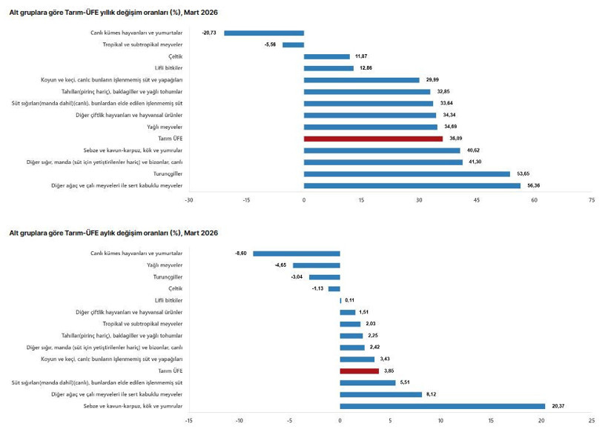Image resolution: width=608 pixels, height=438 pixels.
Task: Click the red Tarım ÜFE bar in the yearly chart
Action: coord(373,139)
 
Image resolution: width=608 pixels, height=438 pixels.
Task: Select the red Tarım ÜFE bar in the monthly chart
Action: coord(359,371)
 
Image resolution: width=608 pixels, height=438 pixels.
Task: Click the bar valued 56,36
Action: coord(412,185)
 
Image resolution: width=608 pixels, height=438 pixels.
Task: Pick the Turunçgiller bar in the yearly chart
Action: coord(406,173)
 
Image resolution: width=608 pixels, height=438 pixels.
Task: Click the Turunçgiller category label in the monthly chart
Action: coord(168,276)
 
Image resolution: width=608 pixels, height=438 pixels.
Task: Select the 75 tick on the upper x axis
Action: coord(591,200)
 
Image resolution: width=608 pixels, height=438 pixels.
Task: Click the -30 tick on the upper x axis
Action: coord(189,200)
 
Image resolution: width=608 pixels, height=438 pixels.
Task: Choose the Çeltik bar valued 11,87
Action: coord(326,56)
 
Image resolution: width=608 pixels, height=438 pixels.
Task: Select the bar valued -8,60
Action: coord(296,253)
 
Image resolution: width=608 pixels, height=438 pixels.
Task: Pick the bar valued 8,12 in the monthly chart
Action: coord(380,394)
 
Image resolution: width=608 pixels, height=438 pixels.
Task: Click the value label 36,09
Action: coord(453,139)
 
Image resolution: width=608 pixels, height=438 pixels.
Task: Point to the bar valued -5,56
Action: coord(293,44)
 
